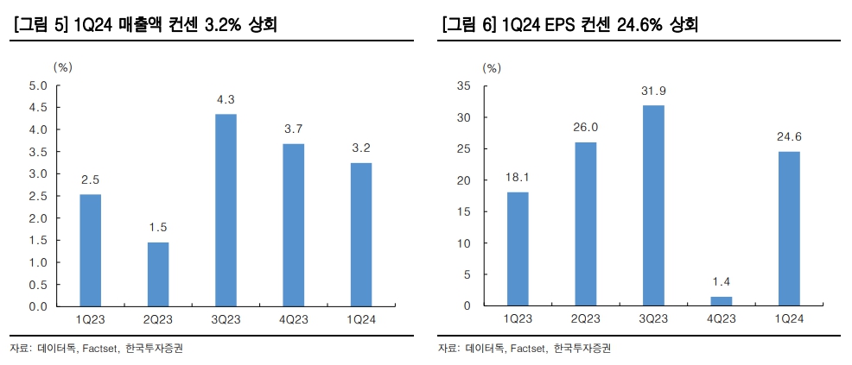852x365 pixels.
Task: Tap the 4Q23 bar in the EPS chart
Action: click(x=722, y=301)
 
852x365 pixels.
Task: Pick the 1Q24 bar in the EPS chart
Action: click(x=789, y=229)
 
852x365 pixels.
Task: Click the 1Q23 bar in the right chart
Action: click(x=518, y=249)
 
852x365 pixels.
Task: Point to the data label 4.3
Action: click(x=226, y=100)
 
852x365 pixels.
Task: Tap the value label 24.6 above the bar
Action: click(x=789, y=137)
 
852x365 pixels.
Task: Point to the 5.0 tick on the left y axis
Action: click(x=38, y=85)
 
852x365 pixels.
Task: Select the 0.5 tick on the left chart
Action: click(x=38, y=285)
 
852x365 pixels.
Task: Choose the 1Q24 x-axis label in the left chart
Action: click(x=361, y=320)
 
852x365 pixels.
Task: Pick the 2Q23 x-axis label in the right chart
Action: click(x=585, y=320)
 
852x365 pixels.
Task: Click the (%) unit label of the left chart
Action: click(x=63, y=66)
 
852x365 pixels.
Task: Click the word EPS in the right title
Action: click(x=565, y=26)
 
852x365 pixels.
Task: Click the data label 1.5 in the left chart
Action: click(x=158, y=228)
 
